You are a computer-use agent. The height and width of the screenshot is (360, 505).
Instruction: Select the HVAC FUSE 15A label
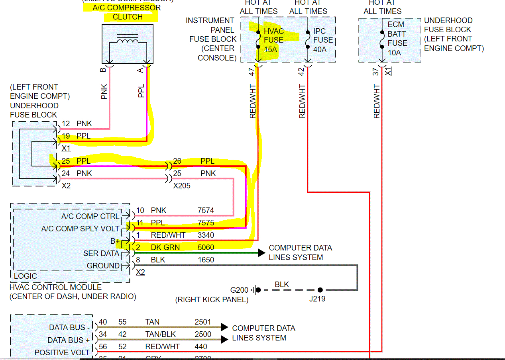273,40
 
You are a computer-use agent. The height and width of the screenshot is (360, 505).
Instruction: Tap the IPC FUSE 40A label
323,40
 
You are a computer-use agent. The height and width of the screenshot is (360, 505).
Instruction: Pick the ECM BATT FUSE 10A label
397,38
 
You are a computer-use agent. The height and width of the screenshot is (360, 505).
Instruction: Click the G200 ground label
239,290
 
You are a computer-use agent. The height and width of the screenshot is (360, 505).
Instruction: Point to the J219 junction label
317,298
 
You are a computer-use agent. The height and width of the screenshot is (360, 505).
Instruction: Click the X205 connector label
181,186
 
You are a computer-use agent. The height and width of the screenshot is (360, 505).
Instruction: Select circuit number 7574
206,210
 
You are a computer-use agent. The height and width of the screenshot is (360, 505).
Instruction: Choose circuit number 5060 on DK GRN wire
206,247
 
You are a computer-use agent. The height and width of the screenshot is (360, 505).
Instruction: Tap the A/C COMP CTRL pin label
90,216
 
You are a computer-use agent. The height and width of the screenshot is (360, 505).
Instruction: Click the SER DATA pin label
101,253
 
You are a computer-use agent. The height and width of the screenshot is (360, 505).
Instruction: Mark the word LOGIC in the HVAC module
26,276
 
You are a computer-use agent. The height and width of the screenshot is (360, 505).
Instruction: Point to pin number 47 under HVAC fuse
252,72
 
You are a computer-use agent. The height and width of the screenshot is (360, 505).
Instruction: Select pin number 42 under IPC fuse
301,72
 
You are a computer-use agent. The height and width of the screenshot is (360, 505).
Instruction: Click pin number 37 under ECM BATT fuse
375,72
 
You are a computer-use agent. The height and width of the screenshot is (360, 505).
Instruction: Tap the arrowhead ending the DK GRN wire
262,253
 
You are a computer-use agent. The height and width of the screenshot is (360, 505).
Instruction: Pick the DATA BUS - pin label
69,328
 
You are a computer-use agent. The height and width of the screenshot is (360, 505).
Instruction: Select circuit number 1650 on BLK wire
206,260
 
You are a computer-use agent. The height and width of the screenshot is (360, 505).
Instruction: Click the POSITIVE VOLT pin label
62,352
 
